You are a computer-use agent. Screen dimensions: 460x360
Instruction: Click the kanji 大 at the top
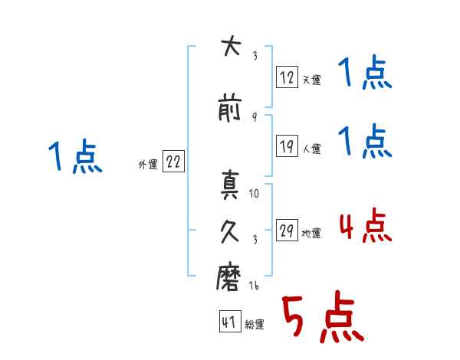(x=232, y=46)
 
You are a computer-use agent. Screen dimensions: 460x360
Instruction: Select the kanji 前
(x=230, y=107)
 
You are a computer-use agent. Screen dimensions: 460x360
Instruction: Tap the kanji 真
(x=230, y=185)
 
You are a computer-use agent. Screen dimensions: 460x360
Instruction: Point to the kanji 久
(x=230, y=231)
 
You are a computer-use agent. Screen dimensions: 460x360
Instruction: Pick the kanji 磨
(x=228, y=277)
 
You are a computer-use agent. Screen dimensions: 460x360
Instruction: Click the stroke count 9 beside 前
(x=255, y=117)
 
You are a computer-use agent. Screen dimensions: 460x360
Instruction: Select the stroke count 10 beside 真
(x=254, y=194)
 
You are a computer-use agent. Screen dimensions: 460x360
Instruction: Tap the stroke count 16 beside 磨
(x=254, y=285)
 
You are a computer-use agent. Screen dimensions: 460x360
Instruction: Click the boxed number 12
(x=287, y=77)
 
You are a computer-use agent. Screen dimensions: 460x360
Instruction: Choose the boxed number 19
(x=287, y=146)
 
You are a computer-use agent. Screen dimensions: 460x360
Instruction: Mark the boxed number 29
(x=287, y=230)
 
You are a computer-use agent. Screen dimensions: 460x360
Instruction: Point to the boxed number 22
(x=173, y=162)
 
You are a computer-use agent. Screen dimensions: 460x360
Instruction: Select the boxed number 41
(x=230, y=322)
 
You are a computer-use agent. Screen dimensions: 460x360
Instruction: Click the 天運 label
(x=311, y=80)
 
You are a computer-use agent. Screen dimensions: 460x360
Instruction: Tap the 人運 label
(x=311, y=149)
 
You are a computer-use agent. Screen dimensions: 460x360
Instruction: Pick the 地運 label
(x=311, y=233)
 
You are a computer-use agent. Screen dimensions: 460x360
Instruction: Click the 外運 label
(x=148, y=165)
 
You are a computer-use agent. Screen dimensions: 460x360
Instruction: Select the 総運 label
(x=255, y=324)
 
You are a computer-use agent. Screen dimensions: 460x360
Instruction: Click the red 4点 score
(x=365, y=226)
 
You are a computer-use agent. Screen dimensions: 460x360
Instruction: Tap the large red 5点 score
(x=323, y=316)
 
